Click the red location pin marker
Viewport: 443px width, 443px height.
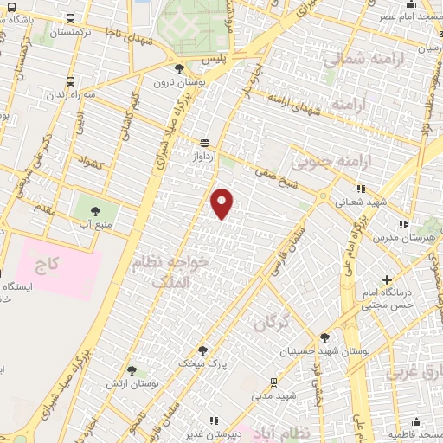[x=222, y=202]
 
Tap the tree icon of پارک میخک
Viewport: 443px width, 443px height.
[x=202, y=350]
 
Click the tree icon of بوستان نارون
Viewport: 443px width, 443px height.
[x=179, y=69]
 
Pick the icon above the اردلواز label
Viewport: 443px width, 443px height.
[x=204, y=144]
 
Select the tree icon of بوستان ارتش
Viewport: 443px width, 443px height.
[x=132, y=369]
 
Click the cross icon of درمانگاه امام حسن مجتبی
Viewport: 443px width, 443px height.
[x=387, y=279]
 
